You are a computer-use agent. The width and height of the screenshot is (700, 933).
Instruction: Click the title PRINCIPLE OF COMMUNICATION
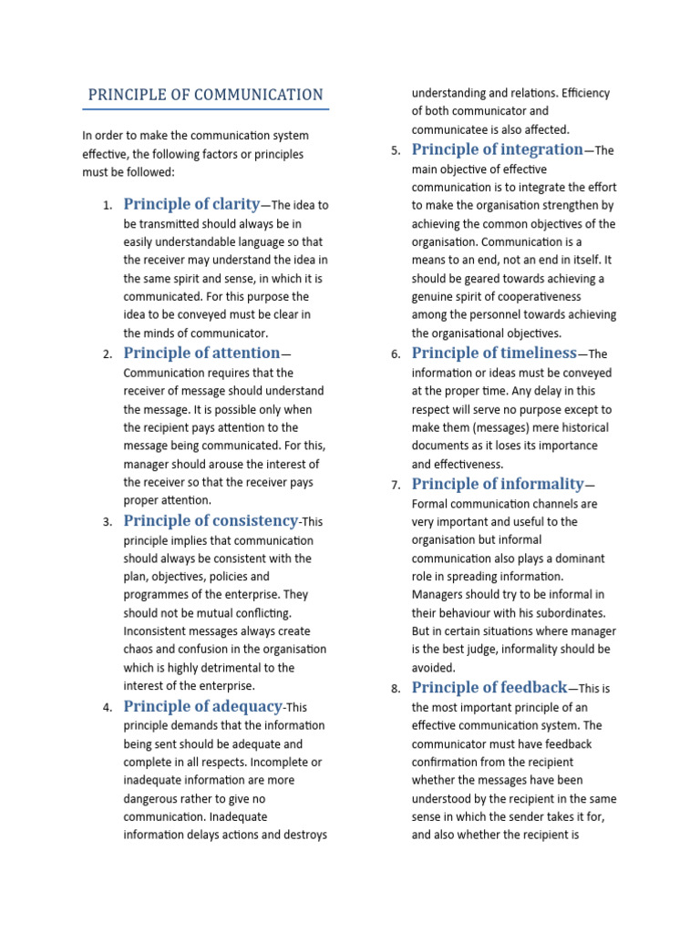[205, 95]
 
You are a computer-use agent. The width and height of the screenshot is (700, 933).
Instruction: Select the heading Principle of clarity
[191, 204]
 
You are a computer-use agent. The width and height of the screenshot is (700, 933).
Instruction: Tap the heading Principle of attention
[201, 353]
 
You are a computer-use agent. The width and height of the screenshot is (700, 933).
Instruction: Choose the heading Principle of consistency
[211, 520]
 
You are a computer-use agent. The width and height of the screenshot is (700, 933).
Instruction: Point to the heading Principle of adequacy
[203, 706]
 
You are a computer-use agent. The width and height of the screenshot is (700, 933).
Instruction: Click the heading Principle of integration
[497, 149]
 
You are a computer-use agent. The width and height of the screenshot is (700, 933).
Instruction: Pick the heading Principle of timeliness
[494, 353]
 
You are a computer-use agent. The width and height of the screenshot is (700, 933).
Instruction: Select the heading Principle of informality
[497, 484]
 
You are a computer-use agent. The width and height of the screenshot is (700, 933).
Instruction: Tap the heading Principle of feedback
[489, 687]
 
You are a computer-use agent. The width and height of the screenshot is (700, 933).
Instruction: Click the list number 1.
[107, 206]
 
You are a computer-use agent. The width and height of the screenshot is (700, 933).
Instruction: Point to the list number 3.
[107, 522]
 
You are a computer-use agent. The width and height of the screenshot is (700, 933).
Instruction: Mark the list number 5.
[395, 151]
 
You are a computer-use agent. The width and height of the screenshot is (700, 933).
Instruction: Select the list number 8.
[395, 689]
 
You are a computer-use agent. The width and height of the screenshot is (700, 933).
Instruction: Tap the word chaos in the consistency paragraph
[139, 650]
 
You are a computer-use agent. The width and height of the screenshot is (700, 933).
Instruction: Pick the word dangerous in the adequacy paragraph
[151, 799]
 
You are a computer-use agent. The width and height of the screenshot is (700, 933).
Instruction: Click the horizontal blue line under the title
[205, 109]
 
